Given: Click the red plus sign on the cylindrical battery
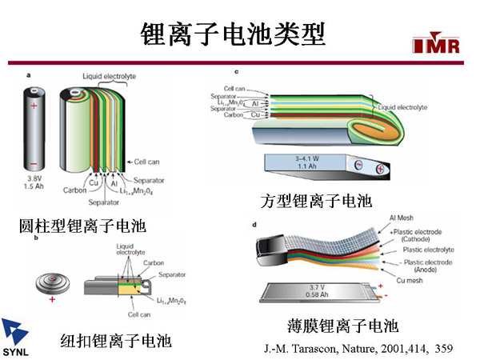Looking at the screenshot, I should tap(34, 105).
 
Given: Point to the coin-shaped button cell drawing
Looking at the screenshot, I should tap(54, 282).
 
